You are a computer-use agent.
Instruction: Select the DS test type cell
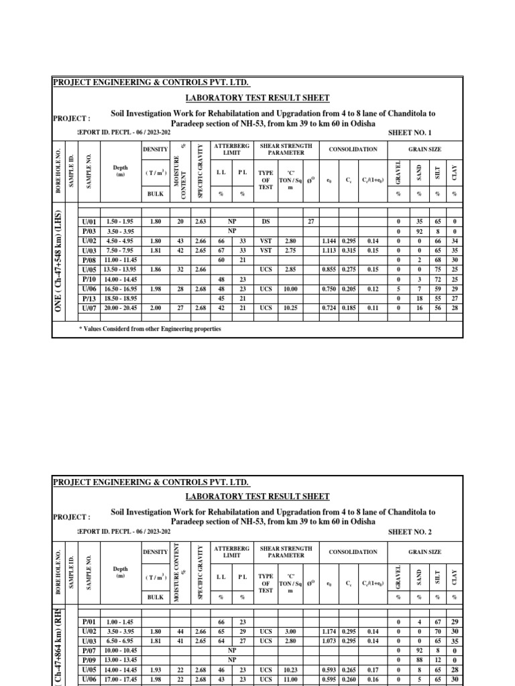(x=266, y=222)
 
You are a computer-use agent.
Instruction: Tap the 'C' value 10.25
(x=290, y=307)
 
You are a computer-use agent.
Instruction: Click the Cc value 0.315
(x=349, y=251)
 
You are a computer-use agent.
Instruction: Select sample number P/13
(x=89, y=298)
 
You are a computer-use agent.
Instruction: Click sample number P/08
(x=89, y=260)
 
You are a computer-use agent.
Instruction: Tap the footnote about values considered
(x=150, y=329)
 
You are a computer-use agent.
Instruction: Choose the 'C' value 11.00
(x=290, y=678)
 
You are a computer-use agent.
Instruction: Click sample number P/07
(x=89, y=649)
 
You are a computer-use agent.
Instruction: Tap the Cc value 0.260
(x=349, y=678)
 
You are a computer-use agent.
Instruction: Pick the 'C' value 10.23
(x=290, y=669)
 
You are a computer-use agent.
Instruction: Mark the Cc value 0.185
(x=349, y=307)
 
